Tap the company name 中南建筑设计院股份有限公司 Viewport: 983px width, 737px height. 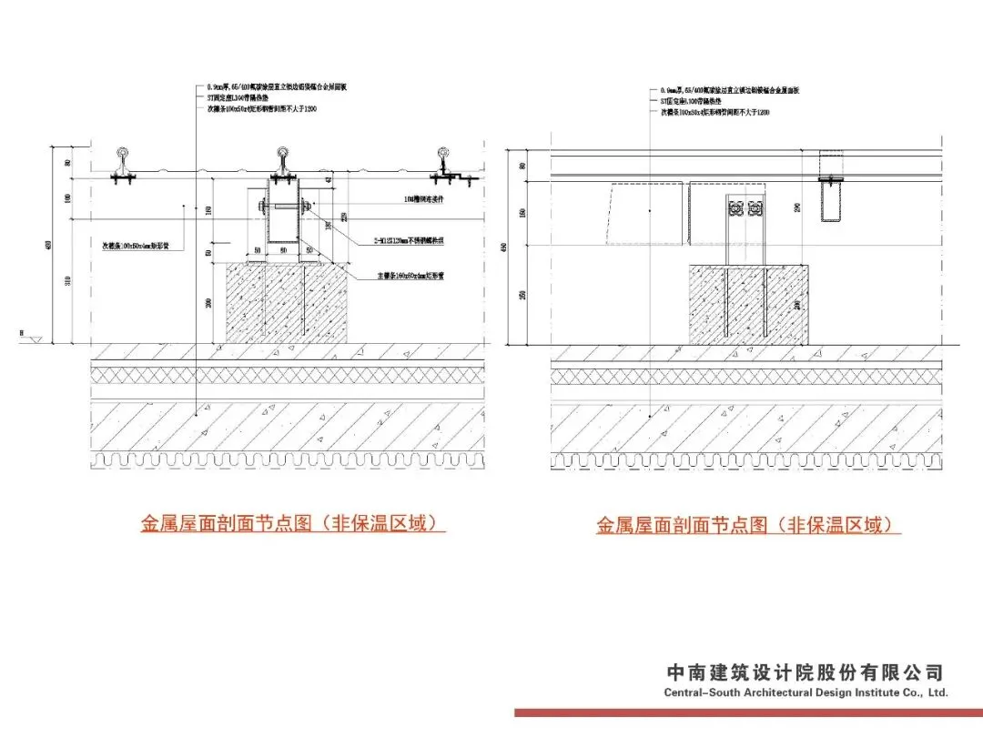806,673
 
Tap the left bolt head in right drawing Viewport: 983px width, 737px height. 735,208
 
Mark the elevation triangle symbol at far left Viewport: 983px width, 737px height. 36,339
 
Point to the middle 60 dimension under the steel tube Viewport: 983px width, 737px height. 282,248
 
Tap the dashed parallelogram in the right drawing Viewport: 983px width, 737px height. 647,215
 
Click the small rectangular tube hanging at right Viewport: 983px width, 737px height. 832,200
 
